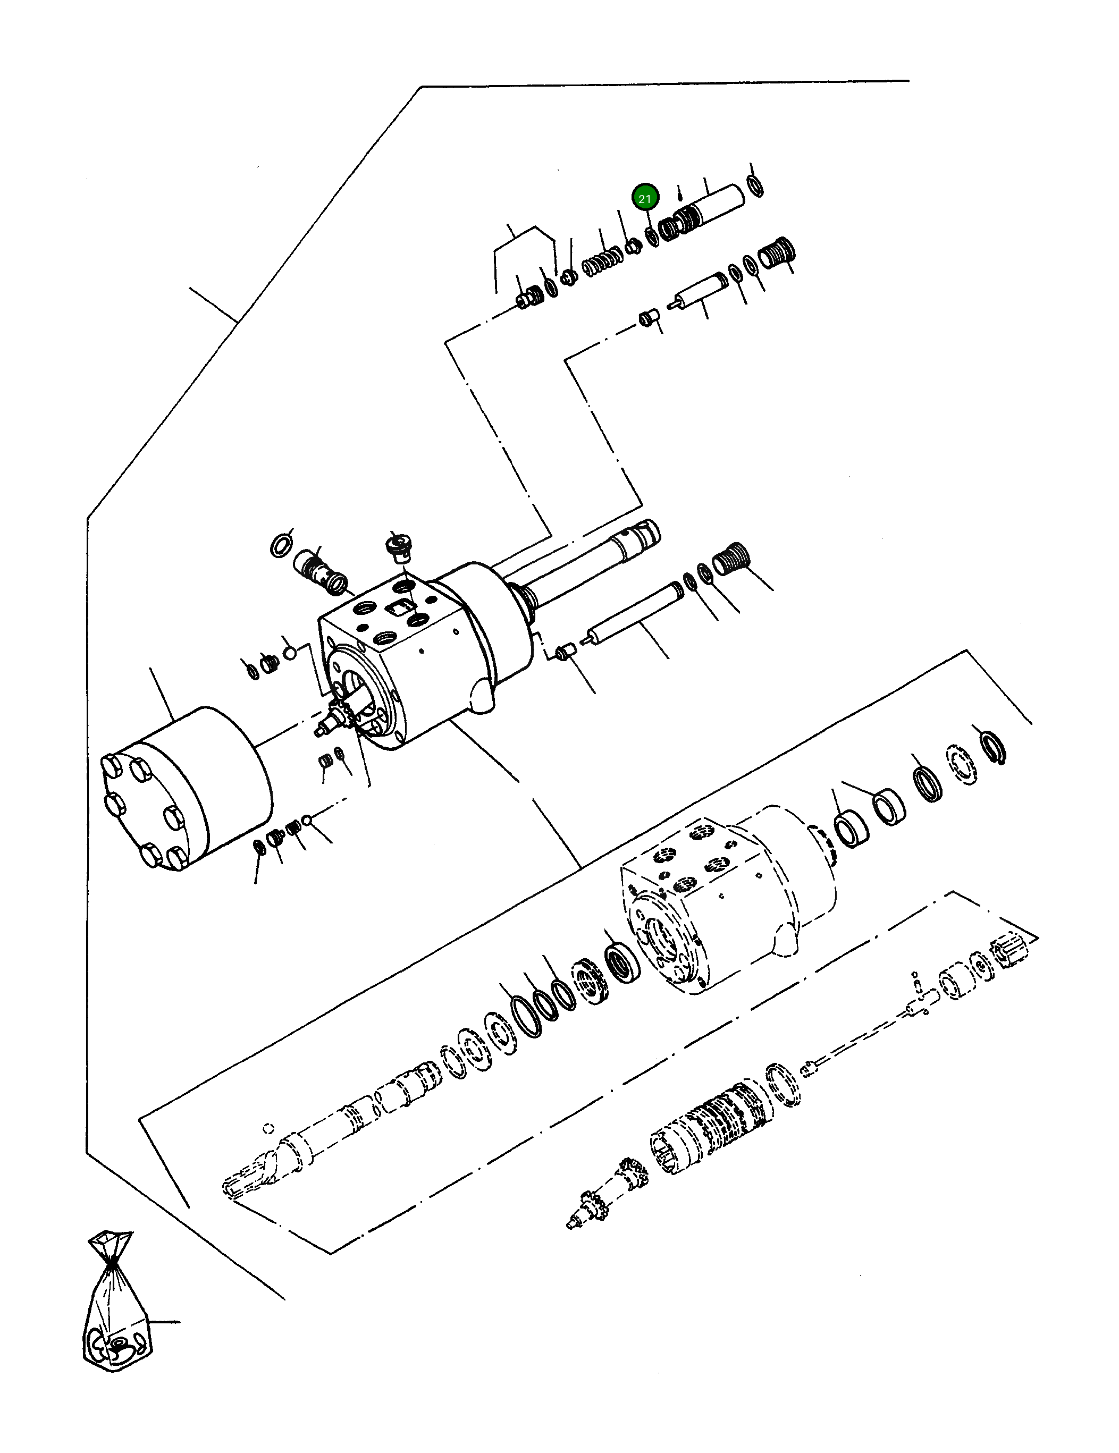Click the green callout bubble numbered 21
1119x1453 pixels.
point(644,198)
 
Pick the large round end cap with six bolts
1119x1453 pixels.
point(186,788)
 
